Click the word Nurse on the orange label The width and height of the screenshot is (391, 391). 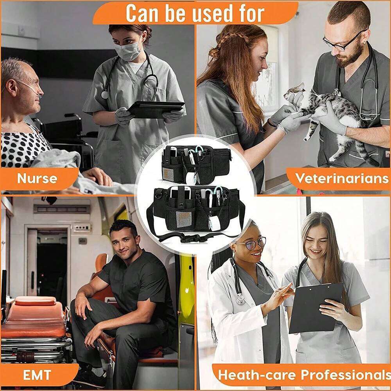coord(37,179)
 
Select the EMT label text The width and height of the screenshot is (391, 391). coord(37,375)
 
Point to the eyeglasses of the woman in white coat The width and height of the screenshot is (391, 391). coord(252,243)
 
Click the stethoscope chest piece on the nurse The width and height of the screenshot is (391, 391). coord(104,95)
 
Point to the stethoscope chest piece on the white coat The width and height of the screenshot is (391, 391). coord(240,299)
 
